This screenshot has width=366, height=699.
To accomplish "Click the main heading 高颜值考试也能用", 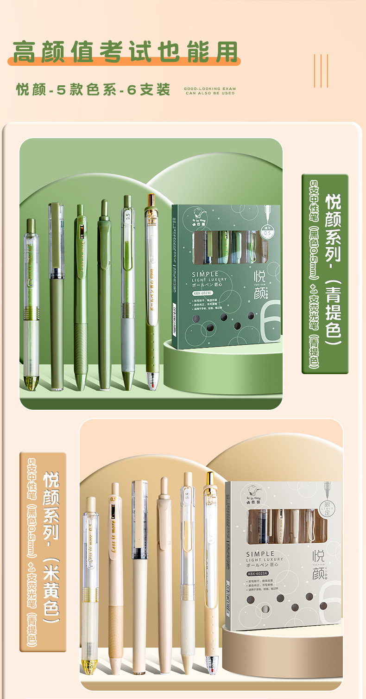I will coord(125,51).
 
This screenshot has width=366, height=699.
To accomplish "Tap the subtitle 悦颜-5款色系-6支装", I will coord(93,89).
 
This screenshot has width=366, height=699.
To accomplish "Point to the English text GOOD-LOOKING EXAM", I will coord(209,88).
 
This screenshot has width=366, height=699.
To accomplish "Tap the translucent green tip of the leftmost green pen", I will coord(31,383).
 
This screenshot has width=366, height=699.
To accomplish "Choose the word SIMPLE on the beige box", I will coord(260,554).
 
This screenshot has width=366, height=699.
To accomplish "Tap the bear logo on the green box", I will coord(199,215).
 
